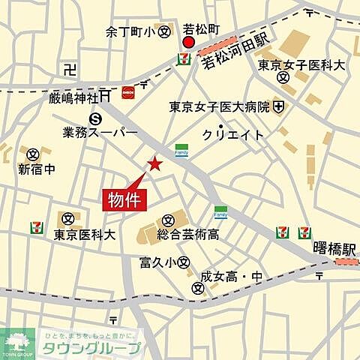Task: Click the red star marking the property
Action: [154, 163]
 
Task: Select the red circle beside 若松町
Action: [187, 43]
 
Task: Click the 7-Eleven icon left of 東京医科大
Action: [35, 226]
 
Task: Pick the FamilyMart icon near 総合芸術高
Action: [220, 212]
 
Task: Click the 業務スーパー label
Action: [100, 132]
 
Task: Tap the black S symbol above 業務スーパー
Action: [95, 118]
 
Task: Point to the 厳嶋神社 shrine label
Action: [73, 97]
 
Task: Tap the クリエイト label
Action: [233, 134]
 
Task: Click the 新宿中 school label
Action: [36, 169]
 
